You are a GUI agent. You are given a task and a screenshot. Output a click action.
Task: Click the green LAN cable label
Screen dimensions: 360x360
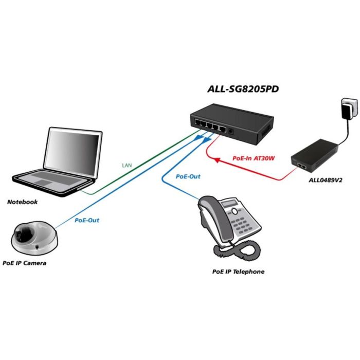click(x=127, y=166)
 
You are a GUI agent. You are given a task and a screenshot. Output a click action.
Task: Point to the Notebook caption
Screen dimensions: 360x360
click(x=22, y=202)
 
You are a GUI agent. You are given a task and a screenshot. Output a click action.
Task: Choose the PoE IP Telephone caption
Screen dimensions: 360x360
click(x=238, y=271)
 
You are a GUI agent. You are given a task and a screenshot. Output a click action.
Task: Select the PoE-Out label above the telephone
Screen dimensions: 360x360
click(x=188, y=176)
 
